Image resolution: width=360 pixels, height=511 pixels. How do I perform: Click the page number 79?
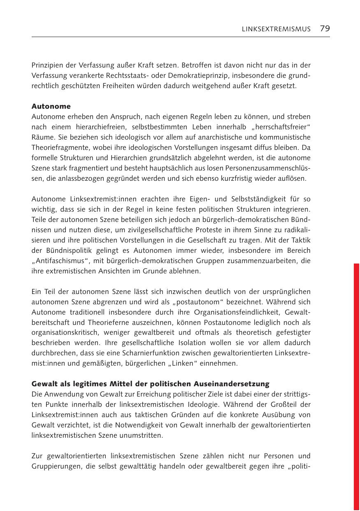coord(325,28)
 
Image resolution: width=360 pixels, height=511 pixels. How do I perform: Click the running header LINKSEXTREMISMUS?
coord(276,29)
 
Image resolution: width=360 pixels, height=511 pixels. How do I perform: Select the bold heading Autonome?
coord(51,106)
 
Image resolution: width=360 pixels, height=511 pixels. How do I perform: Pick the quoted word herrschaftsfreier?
coord(286,127)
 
